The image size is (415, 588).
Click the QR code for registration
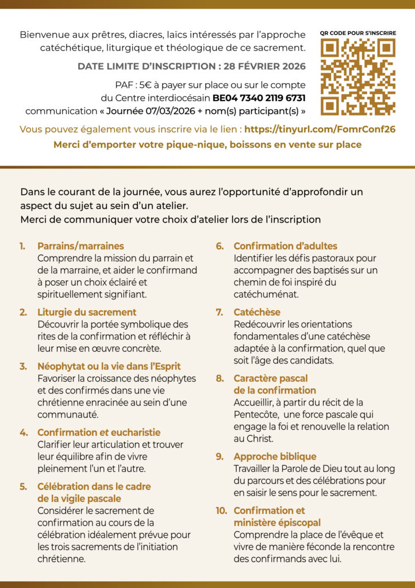[358, 76]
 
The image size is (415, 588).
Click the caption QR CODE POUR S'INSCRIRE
[358, 33]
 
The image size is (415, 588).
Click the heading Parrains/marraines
[80, 246]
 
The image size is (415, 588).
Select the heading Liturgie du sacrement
[87, 312]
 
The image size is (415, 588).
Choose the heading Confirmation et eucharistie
[99, 432]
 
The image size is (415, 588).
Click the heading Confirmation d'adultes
[285, 246]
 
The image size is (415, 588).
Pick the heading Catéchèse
[257, 312]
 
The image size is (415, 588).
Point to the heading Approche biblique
[275, 457]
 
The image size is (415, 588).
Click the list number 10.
[221, 510]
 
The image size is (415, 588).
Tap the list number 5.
[24, 486]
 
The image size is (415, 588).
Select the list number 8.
[220, 378]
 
